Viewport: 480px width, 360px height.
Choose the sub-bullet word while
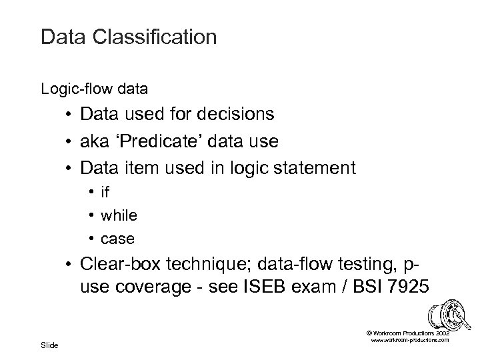[x=119, y=215]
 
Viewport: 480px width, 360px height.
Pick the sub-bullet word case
[x=117, y=238]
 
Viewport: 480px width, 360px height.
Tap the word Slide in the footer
[x=49, y=345]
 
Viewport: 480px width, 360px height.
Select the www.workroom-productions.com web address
[x=409, y=340]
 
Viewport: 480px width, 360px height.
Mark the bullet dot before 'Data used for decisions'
[x=69, y=115]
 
